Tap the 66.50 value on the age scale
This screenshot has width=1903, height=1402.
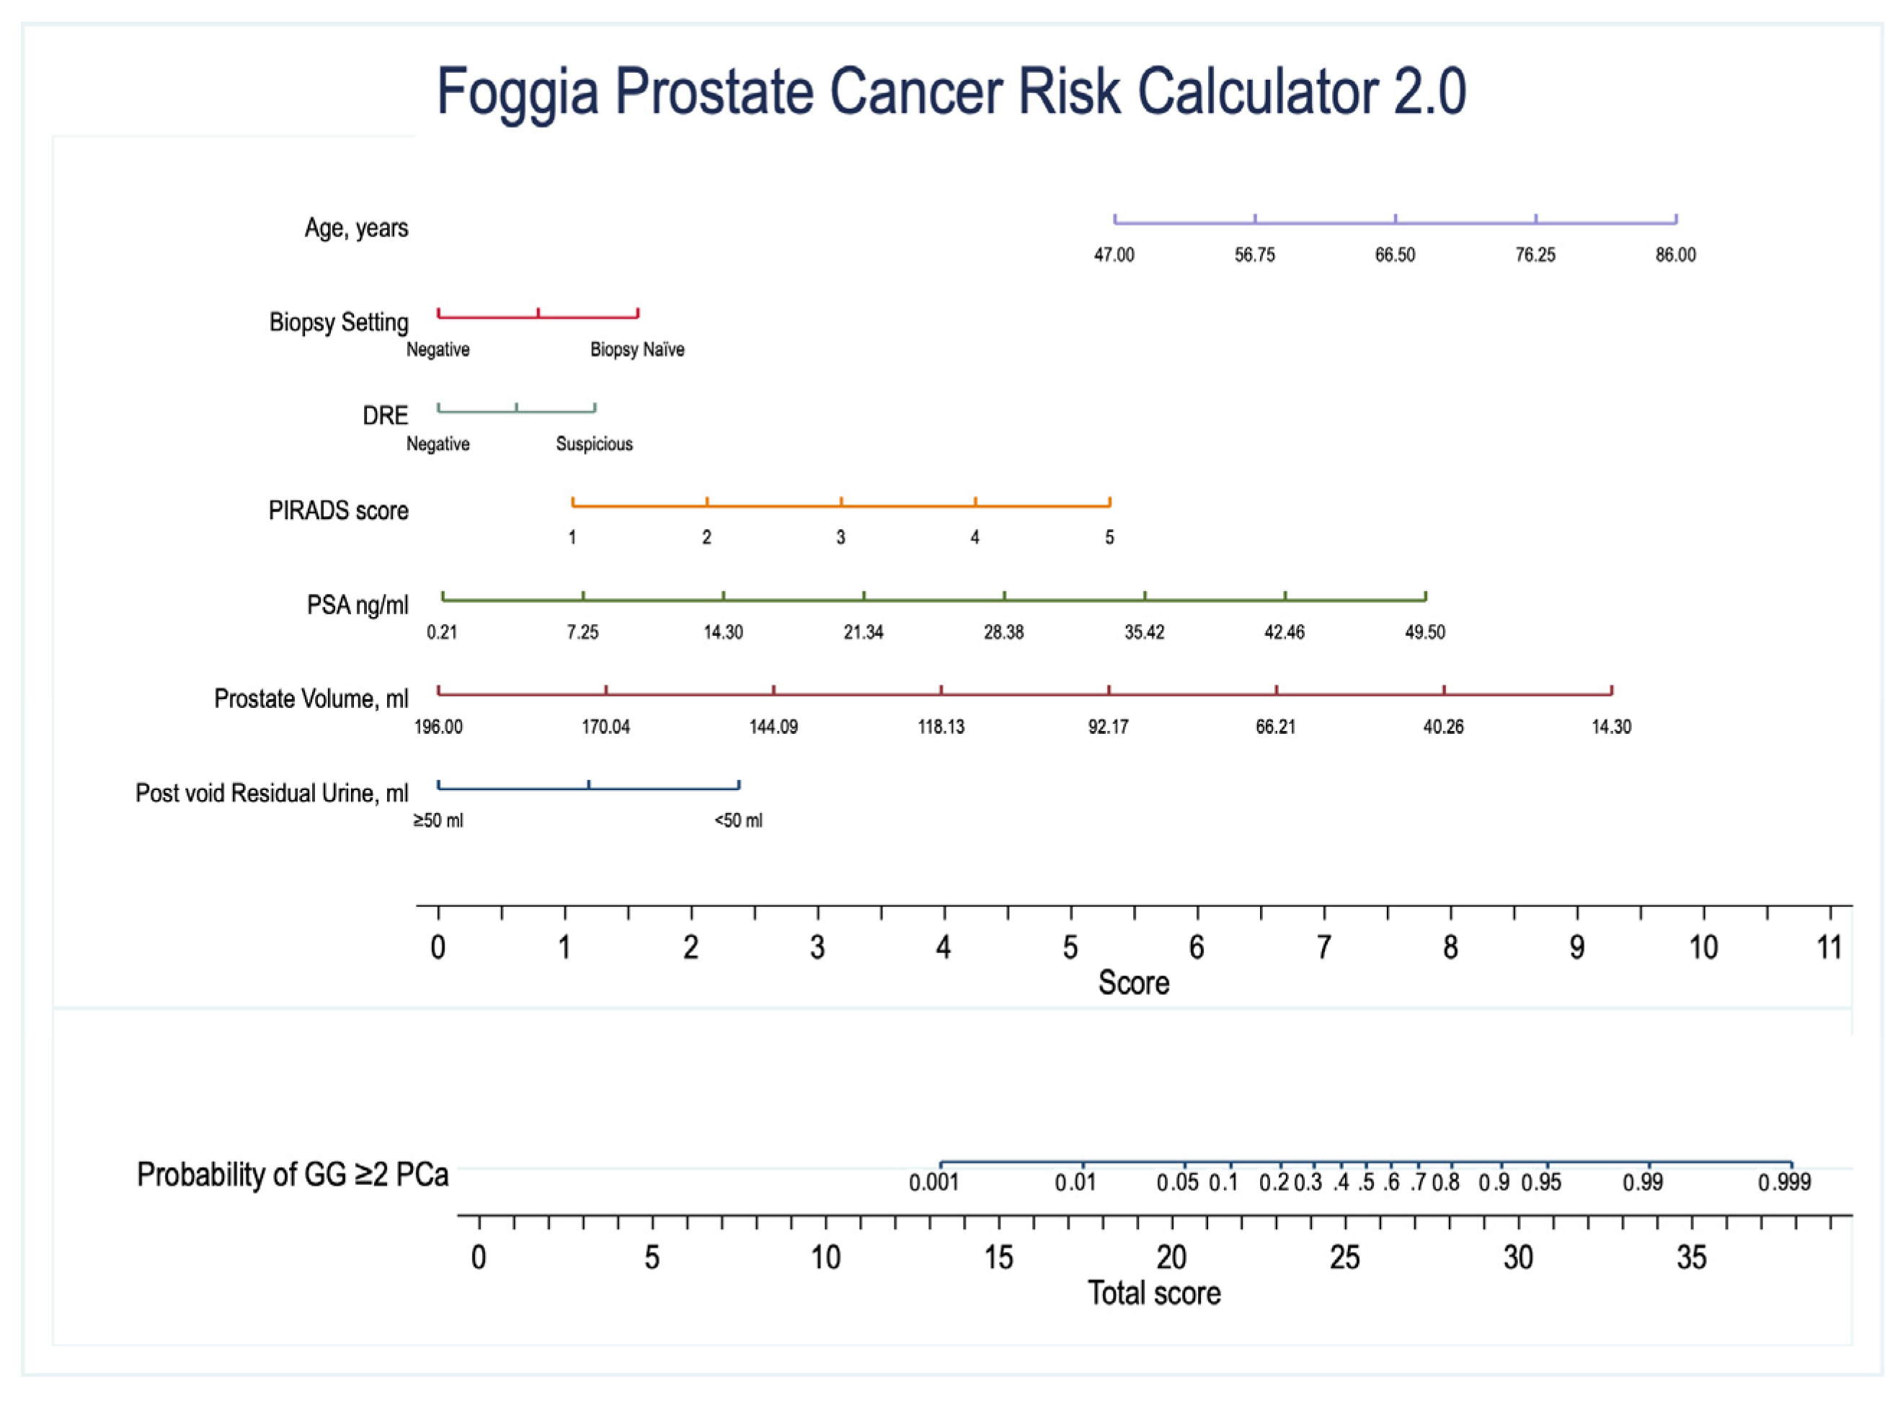click(x=1395, y=255)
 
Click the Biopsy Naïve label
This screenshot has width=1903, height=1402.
click(x=636, y=350)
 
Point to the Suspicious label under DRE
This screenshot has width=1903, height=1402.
click(x=594, y=444)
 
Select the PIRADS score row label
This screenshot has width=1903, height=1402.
click(x=338, y=511)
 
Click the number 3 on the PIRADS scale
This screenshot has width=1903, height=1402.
click(x=840, y=538)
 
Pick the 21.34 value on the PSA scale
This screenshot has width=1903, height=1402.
click(x=864, y=632)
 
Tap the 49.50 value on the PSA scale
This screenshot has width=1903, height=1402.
click(x=1424, y=632)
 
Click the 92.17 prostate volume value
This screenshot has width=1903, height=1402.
click(x=1108, y=727)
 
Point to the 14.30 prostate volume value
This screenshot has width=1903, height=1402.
click(x=1610, y=727)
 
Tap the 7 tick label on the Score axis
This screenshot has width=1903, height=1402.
click(x=1323, y=947)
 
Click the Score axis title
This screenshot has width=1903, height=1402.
click(x=1133, y=982)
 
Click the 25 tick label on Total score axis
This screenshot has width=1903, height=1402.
click(x=1344, y=1258)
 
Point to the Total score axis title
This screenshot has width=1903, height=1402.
click(x=1153, y=1293)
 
